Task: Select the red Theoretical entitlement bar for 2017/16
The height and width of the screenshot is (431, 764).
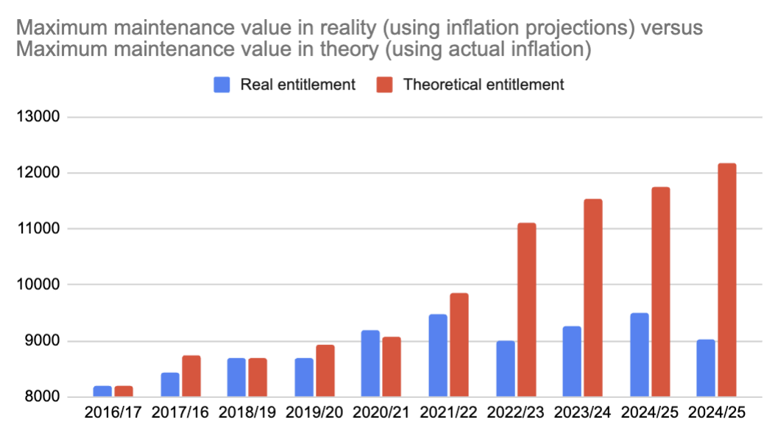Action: (191, 376)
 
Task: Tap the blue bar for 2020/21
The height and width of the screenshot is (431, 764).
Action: (370, 363)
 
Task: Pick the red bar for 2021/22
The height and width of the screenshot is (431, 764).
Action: (459, 345)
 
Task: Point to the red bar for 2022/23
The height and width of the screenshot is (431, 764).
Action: (526, 310)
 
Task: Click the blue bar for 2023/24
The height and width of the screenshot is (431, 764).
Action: (571, 361)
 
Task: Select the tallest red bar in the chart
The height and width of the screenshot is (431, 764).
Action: (726, 279)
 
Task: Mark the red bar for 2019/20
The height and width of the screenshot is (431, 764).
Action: (325, 371)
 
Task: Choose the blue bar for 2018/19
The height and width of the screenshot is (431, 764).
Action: (236, 377)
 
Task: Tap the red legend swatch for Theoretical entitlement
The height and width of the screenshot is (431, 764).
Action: (386, 85)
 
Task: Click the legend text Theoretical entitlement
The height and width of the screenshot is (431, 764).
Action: (484, 85)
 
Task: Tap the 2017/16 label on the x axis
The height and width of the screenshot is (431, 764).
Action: (181, 413)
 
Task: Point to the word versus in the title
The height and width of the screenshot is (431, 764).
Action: (671, 29)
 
